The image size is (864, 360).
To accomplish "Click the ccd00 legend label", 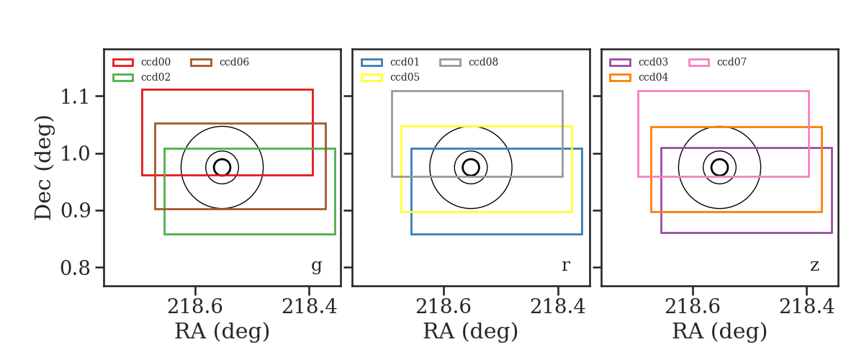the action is click(156, 62).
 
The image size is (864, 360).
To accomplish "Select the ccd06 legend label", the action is click(234, 62).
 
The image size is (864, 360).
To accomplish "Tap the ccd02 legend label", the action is click(156, 77).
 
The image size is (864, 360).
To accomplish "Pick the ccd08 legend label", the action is click(483, 62).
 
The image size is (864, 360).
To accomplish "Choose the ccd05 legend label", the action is click(405, 77).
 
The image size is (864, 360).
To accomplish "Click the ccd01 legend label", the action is click(405, 62).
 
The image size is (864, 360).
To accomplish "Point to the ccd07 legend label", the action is click(732, 62).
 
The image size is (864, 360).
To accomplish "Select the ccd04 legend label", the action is click(654, 77).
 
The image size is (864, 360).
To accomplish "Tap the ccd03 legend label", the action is click(654, 62).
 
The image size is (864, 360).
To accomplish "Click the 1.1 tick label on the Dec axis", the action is click(75, 96).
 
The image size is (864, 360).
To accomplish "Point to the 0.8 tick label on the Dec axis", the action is click(75, 268).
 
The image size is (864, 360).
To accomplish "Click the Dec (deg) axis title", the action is click(42, 168).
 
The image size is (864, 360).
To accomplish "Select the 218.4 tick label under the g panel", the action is click(310, 307).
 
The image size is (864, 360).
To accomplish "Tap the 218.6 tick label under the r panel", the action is click(444, 307).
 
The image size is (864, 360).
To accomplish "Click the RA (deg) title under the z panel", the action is click(720, 331).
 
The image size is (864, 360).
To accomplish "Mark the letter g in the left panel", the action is click(316, 266).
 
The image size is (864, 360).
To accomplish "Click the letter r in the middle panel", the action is click(565, 265).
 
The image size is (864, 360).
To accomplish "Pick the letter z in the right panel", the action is click(814, 266).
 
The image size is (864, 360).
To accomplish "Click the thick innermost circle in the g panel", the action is click(222, 159).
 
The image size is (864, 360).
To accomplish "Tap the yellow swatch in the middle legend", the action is click(372, 78).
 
